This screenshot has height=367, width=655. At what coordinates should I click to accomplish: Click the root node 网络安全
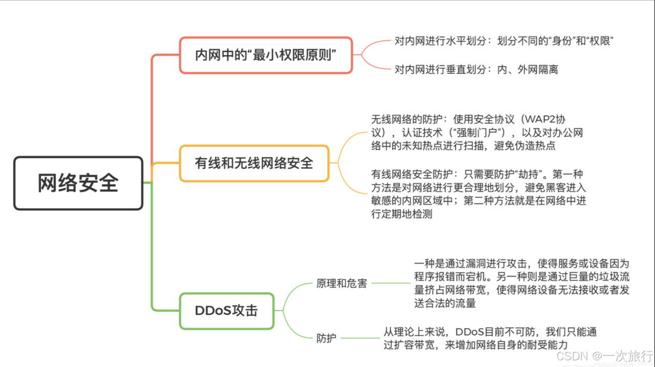(x=78, y=183)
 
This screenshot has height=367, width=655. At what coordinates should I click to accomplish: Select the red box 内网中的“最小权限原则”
(x=266, y=55)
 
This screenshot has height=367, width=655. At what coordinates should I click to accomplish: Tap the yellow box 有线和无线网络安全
(x=254, y=163)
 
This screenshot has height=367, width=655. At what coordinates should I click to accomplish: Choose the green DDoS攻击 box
(x=227, y=311)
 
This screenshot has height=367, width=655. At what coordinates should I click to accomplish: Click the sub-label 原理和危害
(x=342, y=283)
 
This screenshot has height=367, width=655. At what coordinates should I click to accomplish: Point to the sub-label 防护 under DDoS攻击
(x=326, y=338)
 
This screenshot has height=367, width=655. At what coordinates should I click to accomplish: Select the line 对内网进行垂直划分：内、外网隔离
(x=476, y=69)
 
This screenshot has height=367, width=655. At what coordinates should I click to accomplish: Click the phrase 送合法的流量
(x=445, y=303)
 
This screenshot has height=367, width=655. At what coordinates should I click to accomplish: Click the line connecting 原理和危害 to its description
(x=391, y=283)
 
